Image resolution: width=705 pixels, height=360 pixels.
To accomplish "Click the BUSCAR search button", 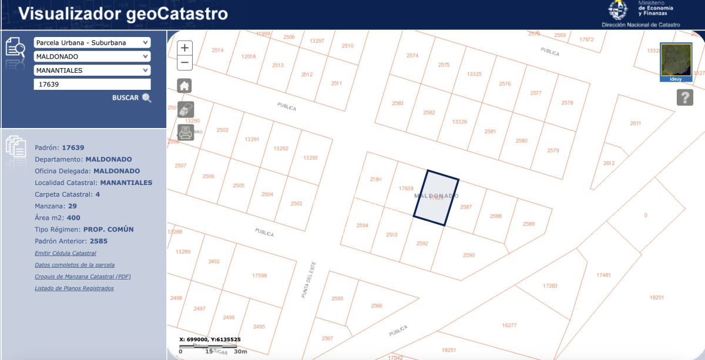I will point(132,98).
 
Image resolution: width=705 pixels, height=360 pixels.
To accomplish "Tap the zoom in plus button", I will point(184,48).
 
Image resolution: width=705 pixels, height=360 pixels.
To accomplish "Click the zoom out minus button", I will point(184,62).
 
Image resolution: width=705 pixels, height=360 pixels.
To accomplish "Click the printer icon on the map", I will point(185,132).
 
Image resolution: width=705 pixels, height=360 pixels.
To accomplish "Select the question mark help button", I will point(684,97).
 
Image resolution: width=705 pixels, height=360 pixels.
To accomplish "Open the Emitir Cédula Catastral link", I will point(65,253).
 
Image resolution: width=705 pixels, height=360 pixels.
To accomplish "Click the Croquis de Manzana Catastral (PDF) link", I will point(83,277).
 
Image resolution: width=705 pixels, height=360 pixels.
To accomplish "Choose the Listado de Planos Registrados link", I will point(74,288).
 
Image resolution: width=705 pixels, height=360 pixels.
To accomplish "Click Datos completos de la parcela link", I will point(75,265).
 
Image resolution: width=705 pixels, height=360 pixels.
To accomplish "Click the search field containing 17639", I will point(92,84).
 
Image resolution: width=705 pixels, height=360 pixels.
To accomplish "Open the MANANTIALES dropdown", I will point(92,70).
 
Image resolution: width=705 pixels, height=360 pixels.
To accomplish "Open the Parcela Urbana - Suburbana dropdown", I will point(92,43).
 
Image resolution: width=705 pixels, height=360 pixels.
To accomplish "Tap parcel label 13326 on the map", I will point(459,122).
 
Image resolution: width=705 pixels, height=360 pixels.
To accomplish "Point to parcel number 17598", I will point(259,275).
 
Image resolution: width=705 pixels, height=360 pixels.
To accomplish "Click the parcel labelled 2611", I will point(635,123).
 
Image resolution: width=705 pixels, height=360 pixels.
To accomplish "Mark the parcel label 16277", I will point(509,325).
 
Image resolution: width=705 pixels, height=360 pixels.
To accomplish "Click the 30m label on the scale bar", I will point(240,351).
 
